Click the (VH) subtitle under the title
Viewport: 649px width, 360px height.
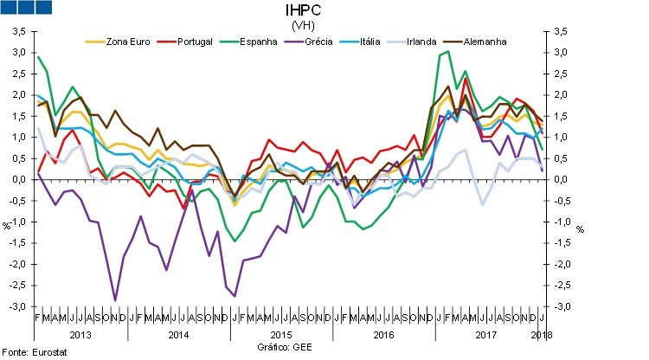[x=304, y=25]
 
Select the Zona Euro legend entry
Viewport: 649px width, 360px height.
[x=127, y=41]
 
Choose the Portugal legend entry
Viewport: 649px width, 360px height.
[x=195, y=41]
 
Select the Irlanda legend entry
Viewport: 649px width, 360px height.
[x=425, y=41]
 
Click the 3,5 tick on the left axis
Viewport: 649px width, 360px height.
[x=18, y=32]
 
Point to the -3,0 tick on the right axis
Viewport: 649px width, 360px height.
[x=562, y=307]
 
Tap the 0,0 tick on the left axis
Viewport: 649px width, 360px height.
[x=18, y=180]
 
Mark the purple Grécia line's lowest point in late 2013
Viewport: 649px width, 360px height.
[x=116, y=300]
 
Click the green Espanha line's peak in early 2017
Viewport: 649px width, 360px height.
[x=448, y=51]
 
